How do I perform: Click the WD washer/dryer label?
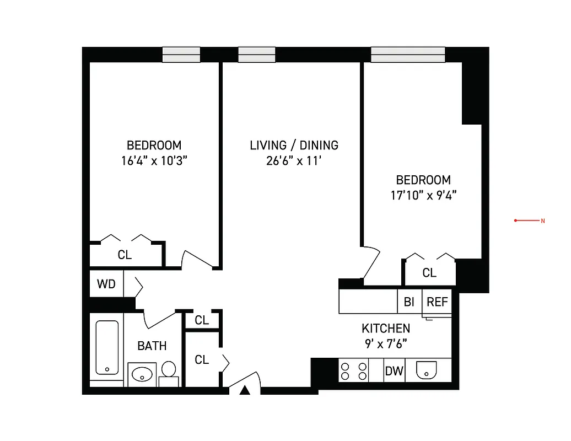[x=106, y=284]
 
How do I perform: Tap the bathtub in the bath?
[x=107, y=347]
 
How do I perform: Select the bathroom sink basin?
[x=142, y=374]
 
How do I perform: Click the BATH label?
[x=152, y=346]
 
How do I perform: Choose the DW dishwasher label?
[x=394, y=371]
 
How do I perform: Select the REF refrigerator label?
[x=438, y=302]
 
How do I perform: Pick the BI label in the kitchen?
[x=409, y=302]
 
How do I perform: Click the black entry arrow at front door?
[x=245, y=390]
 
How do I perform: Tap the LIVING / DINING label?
[x=294, y=146]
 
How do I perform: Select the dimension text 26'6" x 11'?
[x=294, y=161]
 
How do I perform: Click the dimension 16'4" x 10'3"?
[x=154, y=161]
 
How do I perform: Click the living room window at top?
[x=256, y=55]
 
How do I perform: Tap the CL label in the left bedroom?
[x=125, y=255]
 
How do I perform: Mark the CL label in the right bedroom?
[x=429, y=273]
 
